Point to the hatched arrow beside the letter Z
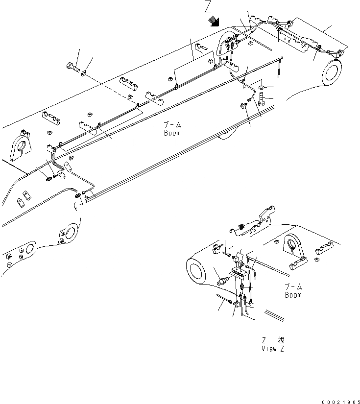click(214, 21)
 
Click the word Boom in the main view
click(172, 133)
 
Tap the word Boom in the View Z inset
click(293, 295)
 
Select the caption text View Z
click(273, 349)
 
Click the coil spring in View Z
click(242, 227)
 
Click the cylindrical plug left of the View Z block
click(224, 282)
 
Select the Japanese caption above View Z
click(273, 340)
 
